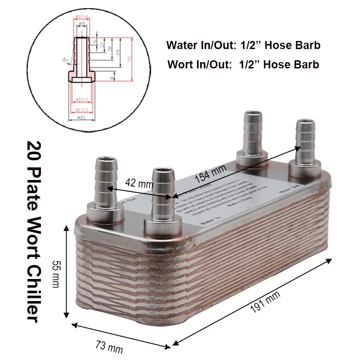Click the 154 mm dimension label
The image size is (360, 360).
point(210,175)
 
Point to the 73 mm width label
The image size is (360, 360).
point(109,347)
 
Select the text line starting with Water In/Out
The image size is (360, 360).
point(243,45)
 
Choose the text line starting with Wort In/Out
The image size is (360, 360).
point(243,64)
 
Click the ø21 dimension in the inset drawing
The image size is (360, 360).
point(81,118)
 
